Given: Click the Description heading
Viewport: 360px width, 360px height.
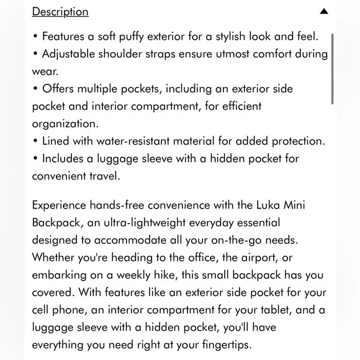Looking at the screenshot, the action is tap(60, 12).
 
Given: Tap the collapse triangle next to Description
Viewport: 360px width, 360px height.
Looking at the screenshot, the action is tap(324, 12).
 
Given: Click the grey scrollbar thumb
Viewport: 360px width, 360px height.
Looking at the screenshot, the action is tap(333, 68).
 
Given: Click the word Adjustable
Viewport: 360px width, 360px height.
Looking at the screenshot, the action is tap(68, 53).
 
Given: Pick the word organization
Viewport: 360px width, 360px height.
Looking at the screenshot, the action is tap(65, 124).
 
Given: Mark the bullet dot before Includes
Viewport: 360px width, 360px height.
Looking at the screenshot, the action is tap(35, 158).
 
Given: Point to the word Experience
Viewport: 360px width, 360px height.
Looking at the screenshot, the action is tap(61, 204).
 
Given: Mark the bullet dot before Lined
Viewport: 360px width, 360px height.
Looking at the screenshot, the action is tap(35, 141).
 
